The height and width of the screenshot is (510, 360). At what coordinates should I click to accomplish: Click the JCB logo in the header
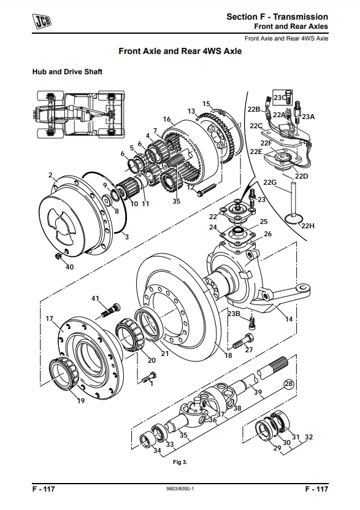42,21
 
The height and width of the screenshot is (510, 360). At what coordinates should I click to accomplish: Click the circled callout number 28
288,384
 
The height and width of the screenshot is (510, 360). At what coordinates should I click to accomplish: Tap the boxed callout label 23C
280,98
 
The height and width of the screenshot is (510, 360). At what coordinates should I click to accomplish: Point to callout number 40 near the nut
69,267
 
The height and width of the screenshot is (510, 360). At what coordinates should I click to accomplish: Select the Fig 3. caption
180,462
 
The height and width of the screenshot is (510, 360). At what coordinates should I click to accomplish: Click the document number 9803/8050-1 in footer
180,489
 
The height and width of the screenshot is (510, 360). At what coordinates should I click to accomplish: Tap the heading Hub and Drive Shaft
67,72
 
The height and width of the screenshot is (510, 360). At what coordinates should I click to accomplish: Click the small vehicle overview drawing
79,114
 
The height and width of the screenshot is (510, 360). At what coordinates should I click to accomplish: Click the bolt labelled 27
243,341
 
